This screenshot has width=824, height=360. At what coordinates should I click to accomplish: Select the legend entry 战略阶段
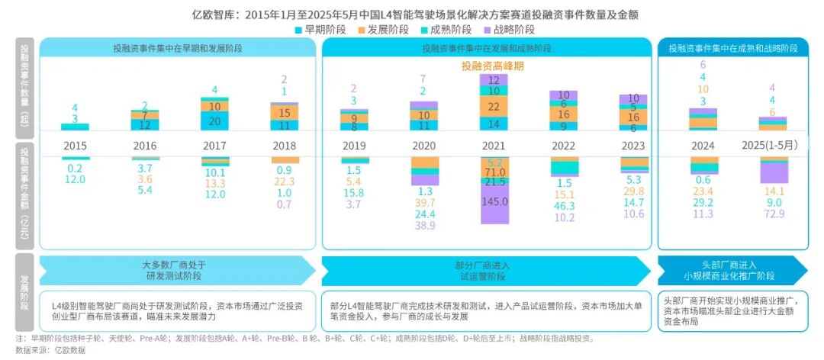point(510,29)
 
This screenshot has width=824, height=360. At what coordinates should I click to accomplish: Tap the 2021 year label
point(493,145)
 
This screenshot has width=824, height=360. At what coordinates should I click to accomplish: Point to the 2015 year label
point(75,145)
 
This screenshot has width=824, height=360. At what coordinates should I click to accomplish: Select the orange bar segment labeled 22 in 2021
point(493,107)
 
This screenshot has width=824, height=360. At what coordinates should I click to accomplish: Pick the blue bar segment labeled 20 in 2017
point(214,121)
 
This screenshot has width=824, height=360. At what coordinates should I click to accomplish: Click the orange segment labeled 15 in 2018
point(284,111)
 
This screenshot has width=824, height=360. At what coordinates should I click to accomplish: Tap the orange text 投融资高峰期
point(493,66)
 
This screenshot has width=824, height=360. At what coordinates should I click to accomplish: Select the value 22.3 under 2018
point(285,181)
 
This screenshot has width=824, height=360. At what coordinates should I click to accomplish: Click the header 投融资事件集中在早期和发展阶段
point(176,47)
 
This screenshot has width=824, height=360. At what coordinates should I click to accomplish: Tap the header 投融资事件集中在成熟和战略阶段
point(732,47)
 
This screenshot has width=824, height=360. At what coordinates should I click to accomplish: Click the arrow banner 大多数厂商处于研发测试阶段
point(176,269)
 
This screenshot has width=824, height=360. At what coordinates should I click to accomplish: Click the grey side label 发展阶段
point(24,294)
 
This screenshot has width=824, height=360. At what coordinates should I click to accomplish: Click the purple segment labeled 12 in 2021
point(493,79)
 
